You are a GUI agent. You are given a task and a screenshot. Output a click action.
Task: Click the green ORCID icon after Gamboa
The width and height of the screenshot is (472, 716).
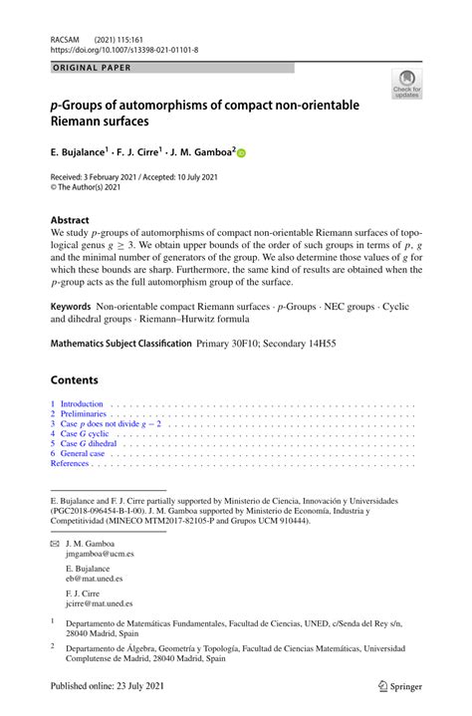click(242, 153)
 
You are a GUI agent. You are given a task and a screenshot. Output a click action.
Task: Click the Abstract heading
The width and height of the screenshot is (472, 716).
click(70, 219)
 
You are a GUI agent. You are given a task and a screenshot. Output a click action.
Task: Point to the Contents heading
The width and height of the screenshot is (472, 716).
click(74, 379)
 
